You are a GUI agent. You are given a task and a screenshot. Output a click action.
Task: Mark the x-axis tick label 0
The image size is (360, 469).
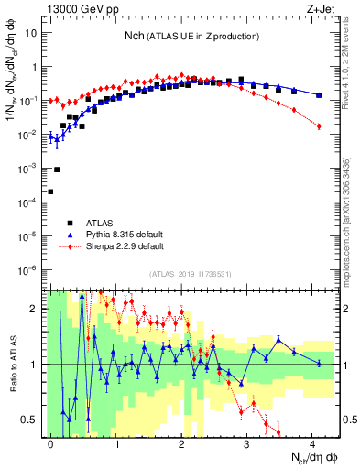click(50, 442)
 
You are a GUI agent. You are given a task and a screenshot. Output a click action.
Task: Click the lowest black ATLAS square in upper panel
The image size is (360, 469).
click(50, 191)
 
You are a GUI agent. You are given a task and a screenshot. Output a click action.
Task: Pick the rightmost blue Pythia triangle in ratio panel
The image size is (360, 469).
click(319, 364)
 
